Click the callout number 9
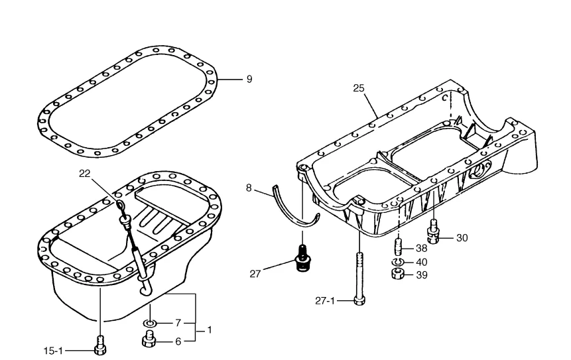pos(249,80)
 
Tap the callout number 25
pos(359,88)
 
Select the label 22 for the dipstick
pos(84,174)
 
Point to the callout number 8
pos(249,188)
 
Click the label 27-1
pos(324,301)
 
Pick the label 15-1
pos(53,351)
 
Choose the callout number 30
pos(462,238)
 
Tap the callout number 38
pos(421,248)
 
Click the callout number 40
pos(421,262)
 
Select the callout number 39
pos(421,275)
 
